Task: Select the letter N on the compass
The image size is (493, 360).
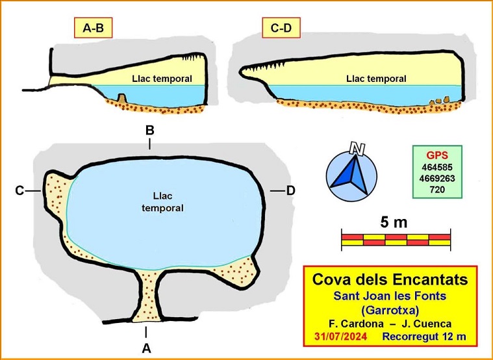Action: click(356, 149)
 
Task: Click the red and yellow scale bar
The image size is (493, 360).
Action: click(396, 239)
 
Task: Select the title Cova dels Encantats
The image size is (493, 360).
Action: click(390, 280)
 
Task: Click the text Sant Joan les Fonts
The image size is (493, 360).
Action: click(390, 296)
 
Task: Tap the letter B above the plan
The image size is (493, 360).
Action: click(149, 130)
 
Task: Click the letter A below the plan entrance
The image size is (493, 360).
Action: click(146, 348)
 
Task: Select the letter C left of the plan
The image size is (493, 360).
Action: click(20, 190)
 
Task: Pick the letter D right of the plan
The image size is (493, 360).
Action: click(291, 190)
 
